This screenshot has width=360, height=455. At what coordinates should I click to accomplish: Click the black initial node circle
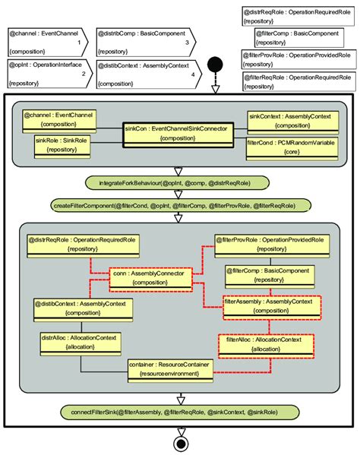click(x=215, y=63)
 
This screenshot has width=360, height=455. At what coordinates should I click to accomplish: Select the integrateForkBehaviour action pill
click(x=179, y=183)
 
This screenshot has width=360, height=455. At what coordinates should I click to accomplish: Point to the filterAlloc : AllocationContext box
click(x=266, y=343)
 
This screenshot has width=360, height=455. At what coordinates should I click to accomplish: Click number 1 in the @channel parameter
click(x=78, y=45)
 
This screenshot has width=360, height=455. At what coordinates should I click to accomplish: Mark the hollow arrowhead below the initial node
click(x=215, y=89)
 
